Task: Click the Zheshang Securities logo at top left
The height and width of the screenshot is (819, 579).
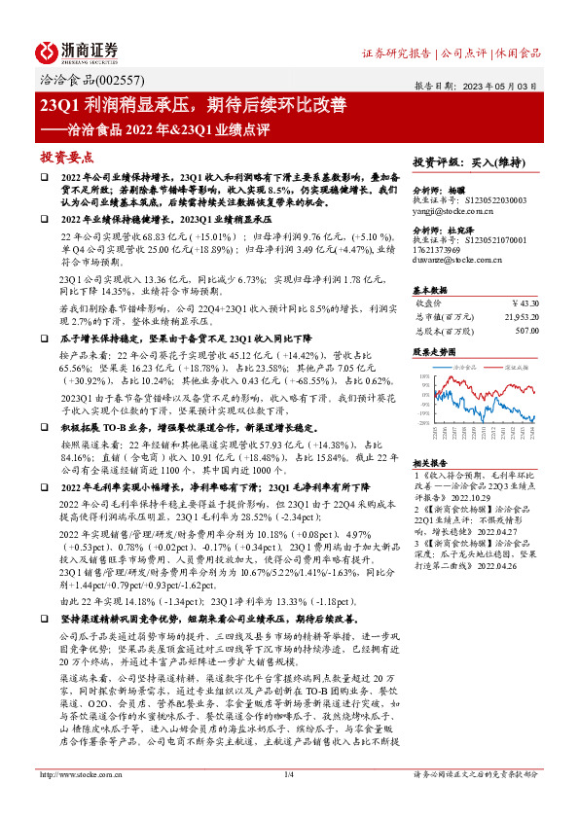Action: click(x=79, y=52)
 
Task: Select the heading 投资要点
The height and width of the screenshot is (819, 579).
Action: click(x=66, y=156)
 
